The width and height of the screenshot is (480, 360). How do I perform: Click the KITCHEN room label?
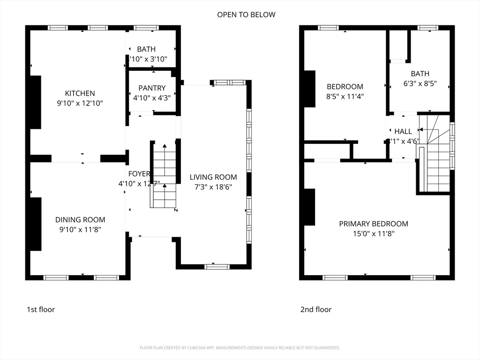point(80,93)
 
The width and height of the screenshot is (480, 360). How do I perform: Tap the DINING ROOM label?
point(80,219)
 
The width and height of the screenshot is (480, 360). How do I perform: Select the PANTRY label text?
point(152,88)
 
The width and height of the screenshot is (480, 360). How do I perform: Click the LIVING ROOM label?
point(213,177)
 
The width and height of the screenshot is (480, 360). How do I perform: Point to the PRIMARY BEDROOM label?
point(374,224)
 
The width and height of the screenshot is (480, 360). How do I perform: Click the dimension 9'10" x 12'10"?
point(80,103)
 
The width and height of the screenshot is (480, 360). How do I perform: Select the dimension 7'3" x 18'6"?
point(213,187)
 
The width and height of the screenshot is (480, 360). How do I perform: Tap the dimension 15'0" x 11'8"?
point(374,233)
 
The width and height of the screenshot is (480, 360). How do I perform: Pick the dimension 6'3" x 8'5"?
point(420,83)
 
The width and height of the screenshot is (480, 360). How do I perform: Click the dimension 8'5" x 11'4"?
point(345,97)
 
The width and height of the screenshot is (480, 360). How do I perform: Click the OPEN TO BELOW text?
point(246,15)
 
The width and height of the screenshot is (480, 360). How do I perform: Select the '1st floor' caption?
point(41,309)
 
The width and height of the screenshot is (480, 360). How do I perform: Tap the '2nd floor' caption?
point(316,309)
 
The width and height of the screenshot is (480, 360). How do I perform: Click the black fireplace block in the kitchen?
point(36,102)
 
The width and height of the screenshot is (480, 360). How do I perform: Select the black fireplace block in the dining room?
point(36,224)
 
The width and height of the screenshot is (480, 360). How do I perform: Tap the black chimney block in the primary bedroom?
point(309,207)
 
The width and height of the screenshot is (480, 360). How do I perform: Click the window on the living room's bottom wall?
point(217,267)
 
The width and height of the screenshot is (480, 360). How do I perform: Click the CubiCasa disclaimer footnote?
point(240,348)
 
